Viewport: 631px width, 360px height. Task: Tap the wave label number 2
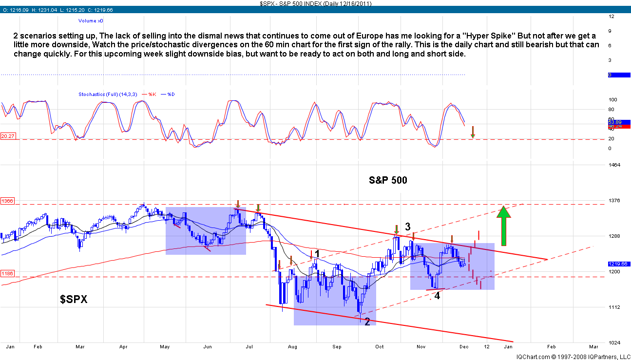coord(367,322)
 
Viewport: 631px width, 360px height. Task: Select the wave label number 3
coord(408,226)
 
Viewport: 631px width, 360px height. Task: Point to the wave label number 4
coord(437,296)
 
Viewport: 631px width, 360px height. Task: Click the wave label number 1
coord(317,253)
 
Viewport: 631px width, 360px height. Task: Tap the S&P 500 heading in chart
coord(388,180)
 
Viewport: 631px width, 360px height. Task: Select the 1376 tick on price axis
coord(614,201)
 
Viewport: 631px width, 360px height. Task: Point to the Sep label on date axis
coord(337,347)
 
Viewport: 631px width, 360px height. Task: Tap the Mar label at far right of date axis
coord(593,347)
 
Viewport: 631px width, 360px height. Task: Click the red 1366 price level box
coord(7,201)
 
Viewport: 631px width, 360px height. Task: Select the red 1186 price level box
coord(7,274)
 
